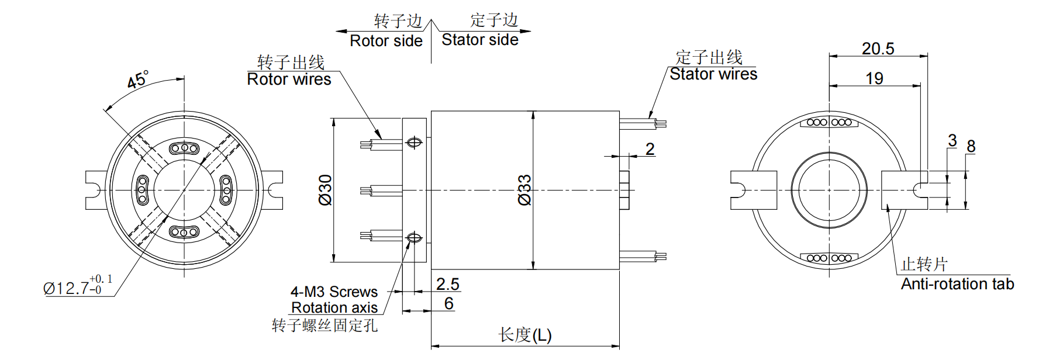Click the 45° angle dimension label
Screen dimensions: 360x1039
[138, 79]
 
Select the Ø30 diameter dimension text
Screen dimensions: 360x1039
[326, 190]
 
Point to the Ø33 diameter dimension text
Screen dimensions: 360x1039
[525, 190]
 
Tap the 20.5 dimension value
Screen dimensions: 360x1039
[878, 49]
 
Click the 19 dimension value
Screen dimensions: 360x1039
[874, 79]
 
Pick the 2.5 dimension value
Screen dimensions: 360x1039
[447, 285]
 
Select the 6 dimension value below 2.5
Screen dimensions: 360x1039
[448, 304]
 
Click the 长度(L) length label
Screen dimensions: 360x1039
[524, 335]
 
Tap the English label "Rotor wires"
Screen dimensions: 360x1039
[289, 79]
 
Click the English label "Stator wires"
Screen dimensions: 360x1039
[713, 74]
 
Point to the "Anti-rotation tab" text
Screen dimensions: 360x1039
[957, 285]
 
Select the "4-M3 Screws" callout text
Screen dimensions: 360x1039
[334, 292]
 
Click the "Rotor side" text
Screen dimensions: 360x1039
[386, 41]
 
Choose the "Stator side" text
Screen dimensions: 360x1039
[479, 40]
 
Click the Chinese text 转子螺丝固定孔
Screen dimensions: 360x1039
[325, 326]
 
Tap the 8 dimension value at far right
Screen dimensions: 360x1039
[971, 147]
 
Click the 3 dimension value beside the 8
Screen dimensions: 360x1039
[952, 141]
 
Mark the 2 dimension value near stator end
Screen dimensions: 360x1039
[650, 150]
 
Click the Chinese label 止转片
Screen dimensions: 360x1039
[924, 265]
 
